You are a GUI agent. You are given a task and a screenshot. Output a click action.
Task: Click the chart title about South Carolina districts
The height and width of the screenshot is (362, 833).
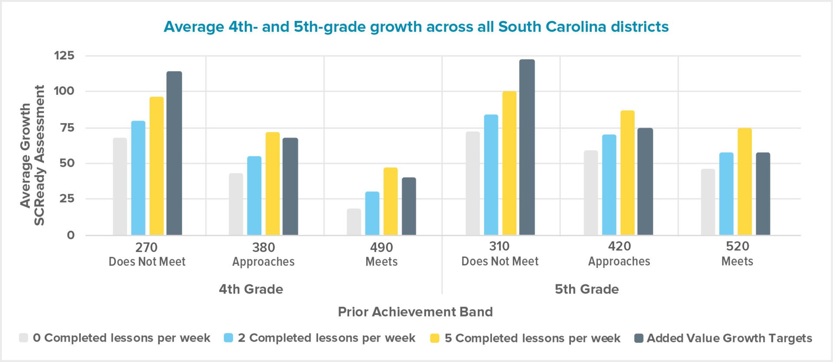[416, 27]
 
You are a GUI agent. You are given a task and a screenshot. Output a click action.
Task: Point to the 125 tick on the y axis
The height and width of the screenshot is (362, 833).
[64, 55]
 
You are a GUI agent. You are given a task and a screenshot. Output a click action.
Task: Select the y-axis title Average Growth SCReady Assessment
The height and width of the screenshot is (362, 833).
[32, 155]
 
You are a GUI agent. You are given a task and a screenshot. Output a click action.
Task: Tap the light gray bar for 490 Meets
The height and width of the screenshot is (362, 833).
[354, 222]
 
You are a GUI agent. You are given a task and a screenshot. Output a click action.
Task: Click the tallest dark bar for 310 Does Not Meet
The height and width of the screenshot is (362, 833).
[527, 147]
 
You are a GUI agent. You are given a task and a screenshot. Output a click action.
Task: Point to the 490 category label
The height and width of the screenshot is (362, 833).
[381, 248]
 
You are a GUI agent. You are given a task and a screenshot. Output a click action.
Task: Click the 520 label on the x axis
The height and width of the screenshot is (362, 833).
[737, 246]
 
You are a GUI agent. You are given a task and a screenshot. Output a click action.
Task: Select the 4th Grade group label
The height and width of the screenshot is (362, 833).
[251, 289]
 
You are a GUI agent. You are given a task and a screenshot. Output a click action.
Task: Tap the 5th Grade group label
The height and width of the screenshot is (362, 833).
[587, 289]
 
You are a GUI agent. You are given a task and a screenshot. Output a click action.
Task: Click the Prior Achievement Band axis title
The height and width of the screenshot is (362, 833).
[415, 312]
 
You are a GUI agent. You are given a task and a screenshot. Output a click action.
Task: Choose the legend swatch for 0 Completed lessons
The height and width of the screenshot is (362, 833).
[23, 338]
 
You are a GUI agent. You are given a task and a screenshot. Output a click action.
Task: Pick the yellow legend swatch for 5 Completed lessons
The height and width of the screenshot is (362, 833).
[434, 338]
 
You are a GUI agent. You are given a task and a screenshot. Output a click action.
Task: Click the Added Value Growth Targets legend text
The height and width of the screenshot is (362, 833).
[729, 338]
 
